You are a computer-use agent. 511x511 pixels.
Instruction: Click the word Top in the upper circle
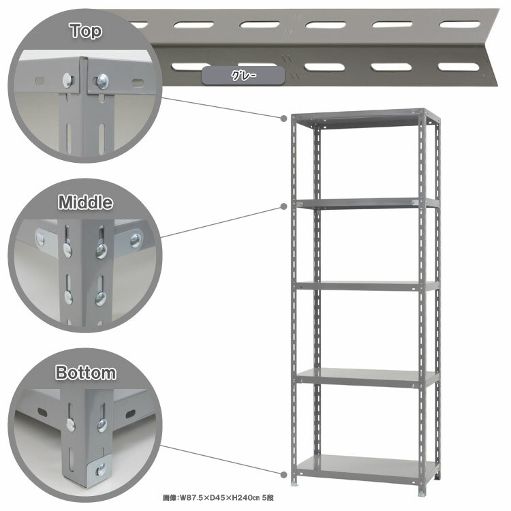[x=86, y=31]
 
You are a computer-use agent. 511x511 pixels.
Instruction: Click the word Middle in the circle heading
[x=85, y=202]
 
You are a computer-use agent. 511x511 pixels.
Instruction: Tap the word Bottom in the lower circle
[x=85, y=373]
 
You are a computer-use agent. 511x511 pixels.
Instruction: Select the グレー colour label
[x=243, y=76]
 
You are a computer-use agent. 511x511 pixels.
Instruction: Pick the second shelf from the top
[x=367, y=203]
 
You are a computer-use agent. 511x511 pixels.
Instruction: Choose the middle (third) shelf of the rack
[x=367, y=286]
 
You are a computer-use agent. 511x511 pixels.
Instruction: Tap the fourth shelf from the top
[x=367, y=377]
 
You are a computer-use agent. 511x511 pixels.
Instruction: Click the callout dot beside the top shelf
[x=284, y=118]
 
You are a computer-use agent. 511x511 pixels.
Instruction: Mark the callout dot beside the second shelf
[x=284, y=206]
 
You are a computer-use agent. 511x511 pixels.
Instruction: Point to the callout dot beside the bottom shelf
[x=284, y=474]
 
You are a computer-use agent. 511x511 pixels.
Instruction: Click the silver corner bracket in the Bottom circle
[x=100, y=469]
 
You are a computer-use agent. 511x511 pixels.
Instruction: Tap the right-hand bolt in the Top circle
[x=102, y=82]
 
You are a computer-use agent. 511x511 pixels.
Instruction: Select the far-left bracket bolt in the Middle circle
[x=40, y=240]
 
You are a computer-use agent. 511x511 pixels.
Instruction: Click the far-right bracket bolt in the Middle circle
[x=136, y=241]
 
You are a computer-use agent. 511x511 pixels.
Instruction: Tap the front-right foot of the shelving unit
[x=422, y=493]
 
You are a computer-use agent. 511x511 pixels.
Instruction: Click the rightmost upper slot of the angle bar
[x=459, y=25]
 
